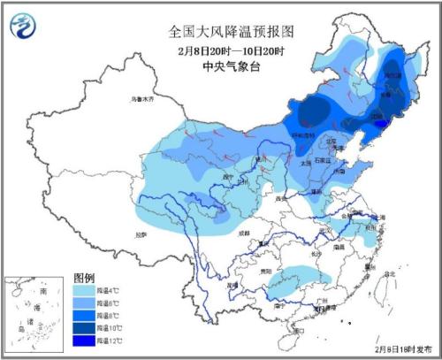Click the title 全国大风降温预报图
[x=231, y=30]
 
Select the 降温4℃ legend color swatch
[x=86, y=289]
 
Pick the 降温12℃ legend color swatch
[x=86, y=341]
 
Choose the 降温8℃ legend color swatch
[x=86, y=315]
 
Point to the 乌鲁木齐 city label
[x=141, y=99]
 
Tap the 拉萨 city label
[x=140, y=235]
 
